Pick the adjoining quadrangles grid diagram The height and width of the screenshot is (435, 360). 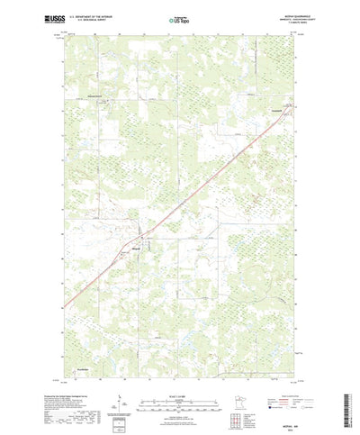pos(238,395)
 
